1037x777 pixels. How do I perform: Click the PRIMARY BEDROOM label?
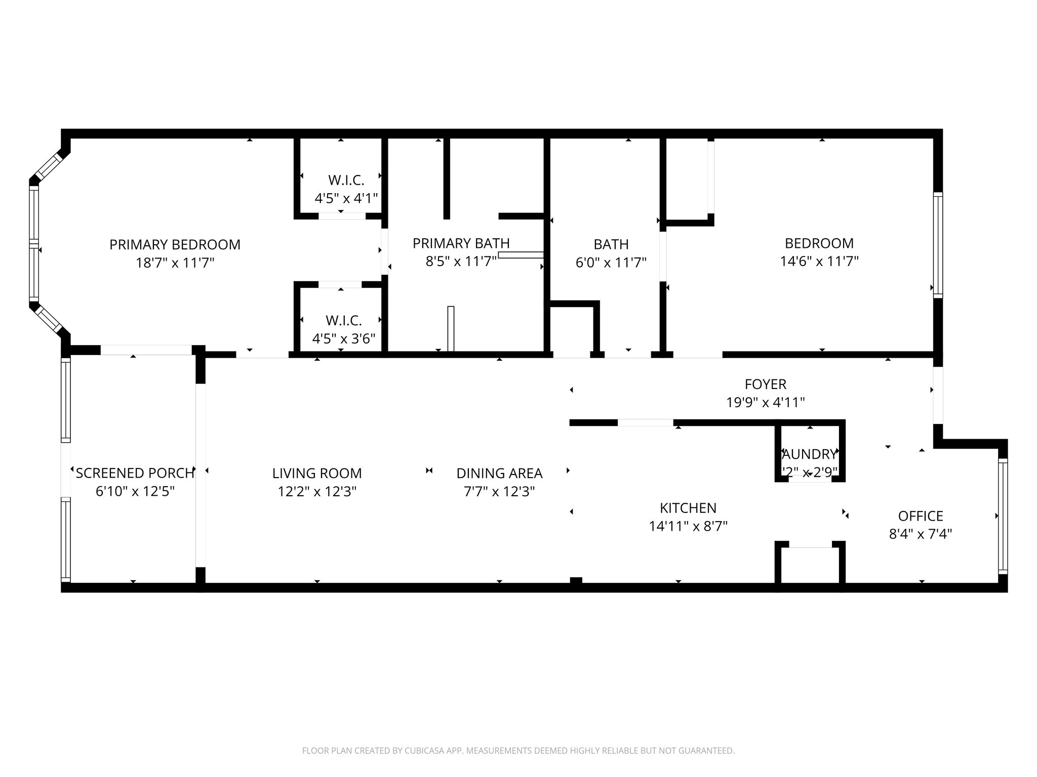(x=175, y=245)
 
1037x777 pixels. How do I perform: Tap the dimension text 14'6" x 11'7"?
(x=819, y=262)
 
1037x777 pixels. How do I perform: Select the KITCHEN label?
(x=688, y=508)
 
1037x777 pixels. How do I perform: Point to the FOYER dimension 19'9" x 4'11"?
(x=765, y=403)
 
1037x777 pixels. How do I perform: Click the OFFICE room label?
(x=920, y=516)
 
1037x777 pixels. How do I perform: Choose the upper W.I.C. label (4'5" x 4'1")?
(x=346, y=180)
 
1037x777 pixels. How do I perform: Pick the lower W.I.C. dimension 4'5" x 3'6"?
(x=343, y=338)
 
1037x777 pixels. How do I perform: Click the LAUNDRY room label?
(x=810, y=454)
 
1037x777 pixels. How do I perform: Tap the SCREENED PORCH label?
(x=135, y=473)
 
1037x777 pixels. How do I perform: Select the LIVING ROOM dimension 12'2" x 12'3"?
(x=317, y=492)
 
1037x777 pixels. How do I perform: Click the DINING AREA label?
(x=499, y=473)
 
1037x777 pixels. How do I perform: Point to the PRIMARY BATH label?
(x=461, y=244)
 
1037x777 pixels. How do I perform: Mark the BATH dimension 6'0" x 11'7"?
(x=611, y=263)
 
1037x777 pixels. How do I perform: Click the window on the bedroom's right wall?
(x=938, y=244)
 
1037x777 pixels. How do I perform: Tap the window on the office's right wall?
(x=1003, y=516)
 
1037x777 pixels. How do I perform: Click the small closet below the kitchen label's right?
(x=810, y=564)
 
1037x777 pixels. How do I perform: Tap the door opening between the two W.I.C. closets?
(x=384, y=251)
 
